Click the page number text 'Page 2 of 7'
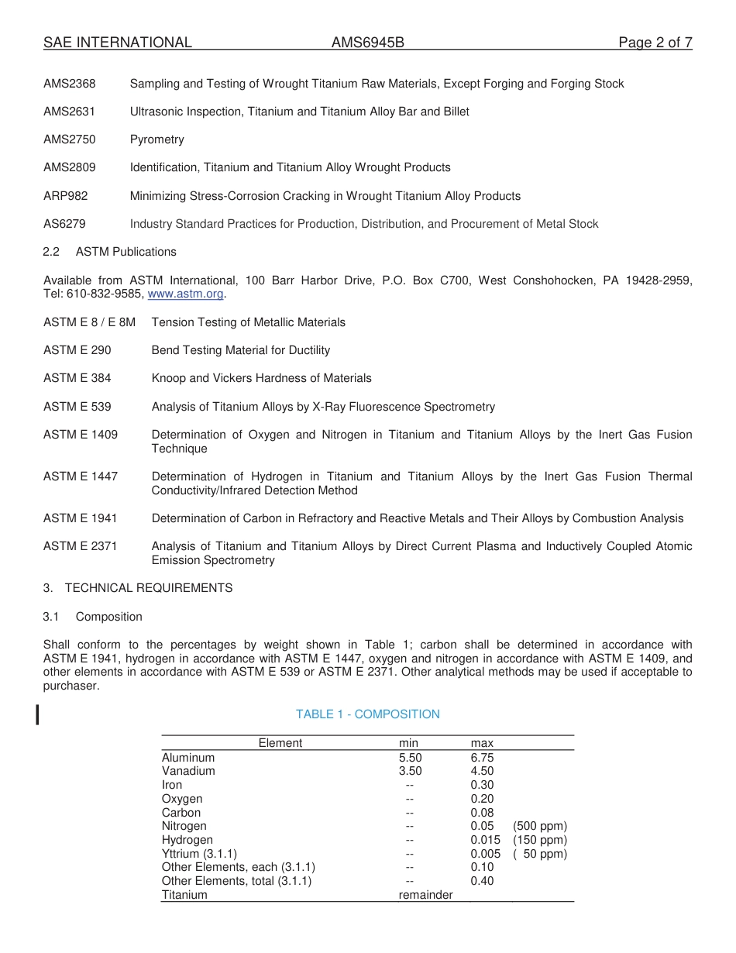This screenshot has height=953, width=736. [x=655, y=43]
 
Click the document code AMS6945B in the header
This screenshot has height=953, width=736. [x=368, y=43]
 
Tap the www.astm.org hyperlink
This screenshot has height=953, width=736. [x=185, y=294]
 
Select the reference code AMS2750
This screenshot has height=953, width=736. [x=70, y=139]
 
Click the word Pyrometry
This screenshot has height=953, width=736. [x=157, y=139]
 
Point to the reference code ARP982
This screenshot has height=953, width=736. [x=66, y=196]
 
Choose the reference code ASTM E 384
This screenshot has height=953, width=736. [x=77, y=378]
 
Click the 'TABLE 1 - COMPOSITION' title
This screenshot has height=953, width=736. [x=367, y=714]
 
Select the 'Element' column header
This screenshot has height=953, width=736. [x=280, y=743]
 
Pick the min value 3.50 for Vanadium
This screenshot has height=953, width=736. [x=410, y=771]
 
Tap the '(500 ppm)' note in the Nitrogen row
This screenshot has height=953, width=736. [x=540, y=827]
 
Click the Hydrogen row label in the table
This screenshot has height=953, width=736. [x=187, y=840]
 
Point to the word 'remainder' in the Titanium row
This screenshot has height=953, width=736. [x=425, y=895]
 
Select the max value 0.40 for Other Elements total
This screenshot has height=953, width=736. [x=482, y=881]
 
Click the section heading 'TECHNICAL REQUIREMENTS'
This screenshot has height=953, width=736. [x=149, y=588]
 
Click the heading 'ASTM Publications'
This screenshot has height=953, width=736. [x=126, y=252]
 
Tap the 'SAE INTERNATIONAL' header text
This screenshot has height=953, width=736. [x=118, y=43]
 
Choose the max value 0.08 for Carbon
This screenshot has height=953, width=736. [x=482, y=813]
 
